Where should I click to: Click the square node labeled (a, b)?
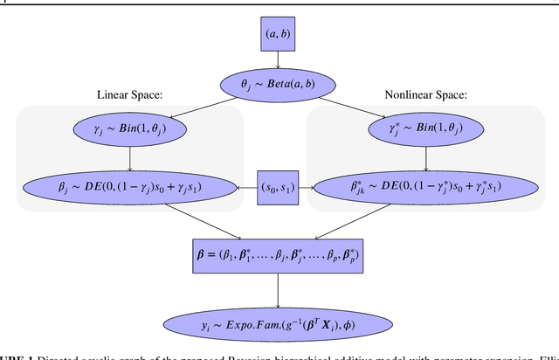coord(278,36)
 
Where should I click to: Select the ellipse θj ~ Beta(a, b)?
coord(278,86)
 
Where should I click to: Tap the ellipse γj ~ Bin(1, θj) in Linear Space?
coord(130,129)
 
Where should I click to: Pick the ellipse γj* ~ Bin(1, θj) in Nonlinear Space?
coord(425,129)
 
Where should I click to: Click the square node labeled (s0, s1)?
coord(278,185)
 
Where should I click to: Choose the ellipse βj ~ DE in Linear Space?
coord(130,185)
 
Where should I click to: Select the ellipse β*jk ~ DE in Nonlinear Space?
coord(425,185)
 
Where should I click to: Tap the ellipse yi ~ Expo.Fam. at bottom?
coord(278,324)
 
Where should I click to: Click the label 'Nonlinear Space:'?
coord(426,94)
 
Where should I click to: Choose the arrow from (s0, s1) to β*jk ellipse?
coord(307,185)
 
